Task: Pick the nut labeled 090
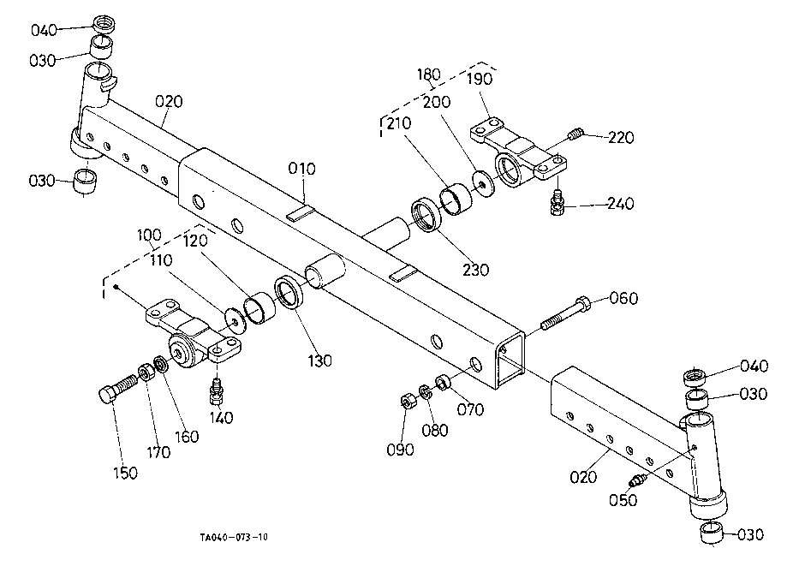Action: (x=408, y=400)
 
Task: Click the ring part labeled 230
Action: (x=426, y=214)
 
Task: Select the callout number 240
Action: (x=620, y=204)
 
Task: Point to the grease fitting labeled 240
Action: (x=557, y=201)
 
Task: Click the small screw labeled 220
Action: (x=576, y=134)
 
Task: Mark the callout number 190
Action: (x=480, y=80)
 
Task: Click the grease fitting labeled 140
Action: (x=217, y=392)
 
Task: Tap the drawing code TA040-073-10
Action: (x=234, y=537)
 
